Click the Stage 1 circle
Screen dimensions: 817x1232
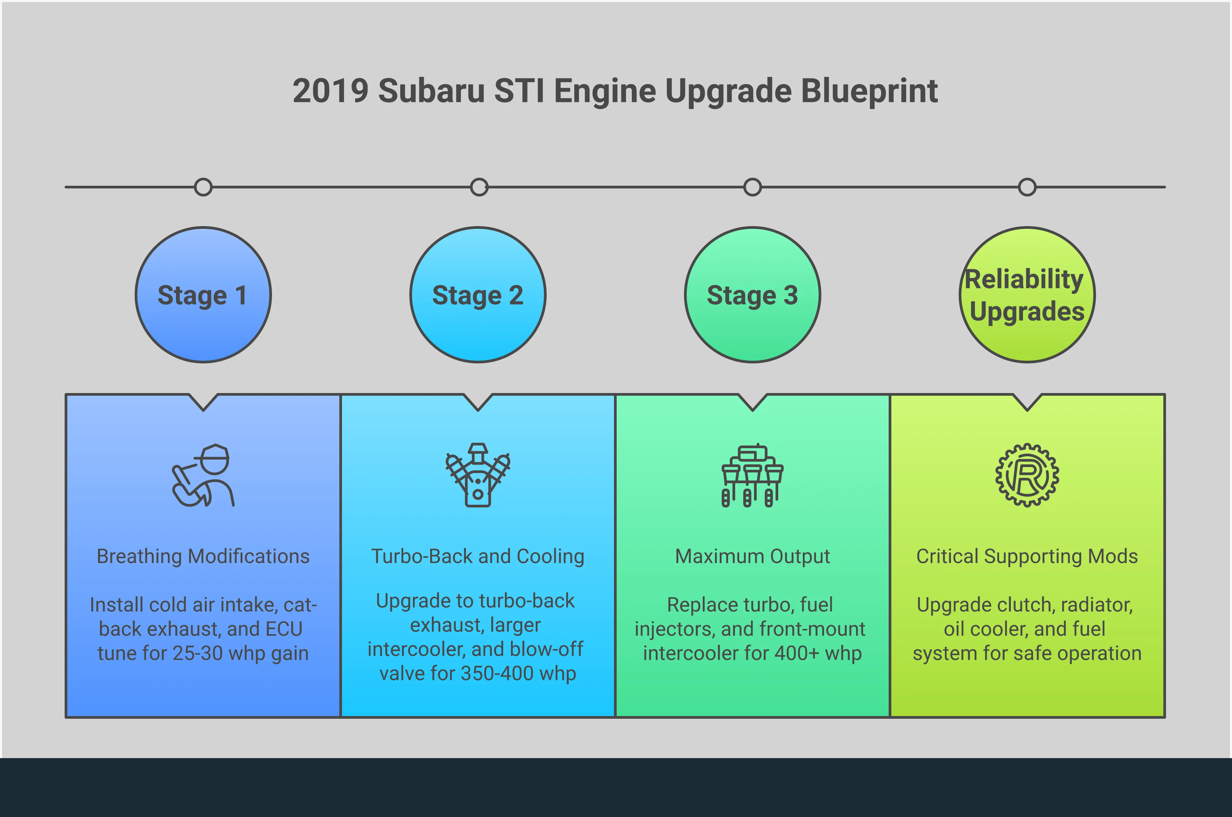[x=203, y=295]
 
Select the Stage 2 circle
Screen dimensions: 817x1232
[x=478, y=295]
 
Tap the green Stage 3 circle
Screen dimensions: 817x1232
[x=753, y=295]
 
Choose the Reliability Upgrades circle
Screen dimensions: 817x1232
[x=1027, y=295]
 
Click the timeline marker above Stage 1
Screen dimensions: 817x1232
[x=203, y=187]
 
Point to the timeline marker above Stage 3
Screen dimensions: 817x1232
[x=753, y=187]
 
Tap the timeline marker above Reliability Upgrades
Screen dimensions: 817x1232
[x=1027, y=187]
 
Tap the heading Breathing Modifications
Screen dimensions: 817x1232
[x=203, y=557]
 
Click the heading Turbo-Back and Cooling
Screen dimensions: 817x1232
[x=478, y=557]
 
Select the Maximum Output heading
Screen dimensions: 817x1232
[x=753, y=557]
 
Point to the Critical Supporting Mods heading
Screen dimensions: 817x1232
[x=1027, y=557]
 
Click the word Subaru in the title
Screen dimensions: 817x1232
[x=432, y=91]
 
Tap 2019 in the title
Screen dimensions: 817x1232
[x=331, y=91]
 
